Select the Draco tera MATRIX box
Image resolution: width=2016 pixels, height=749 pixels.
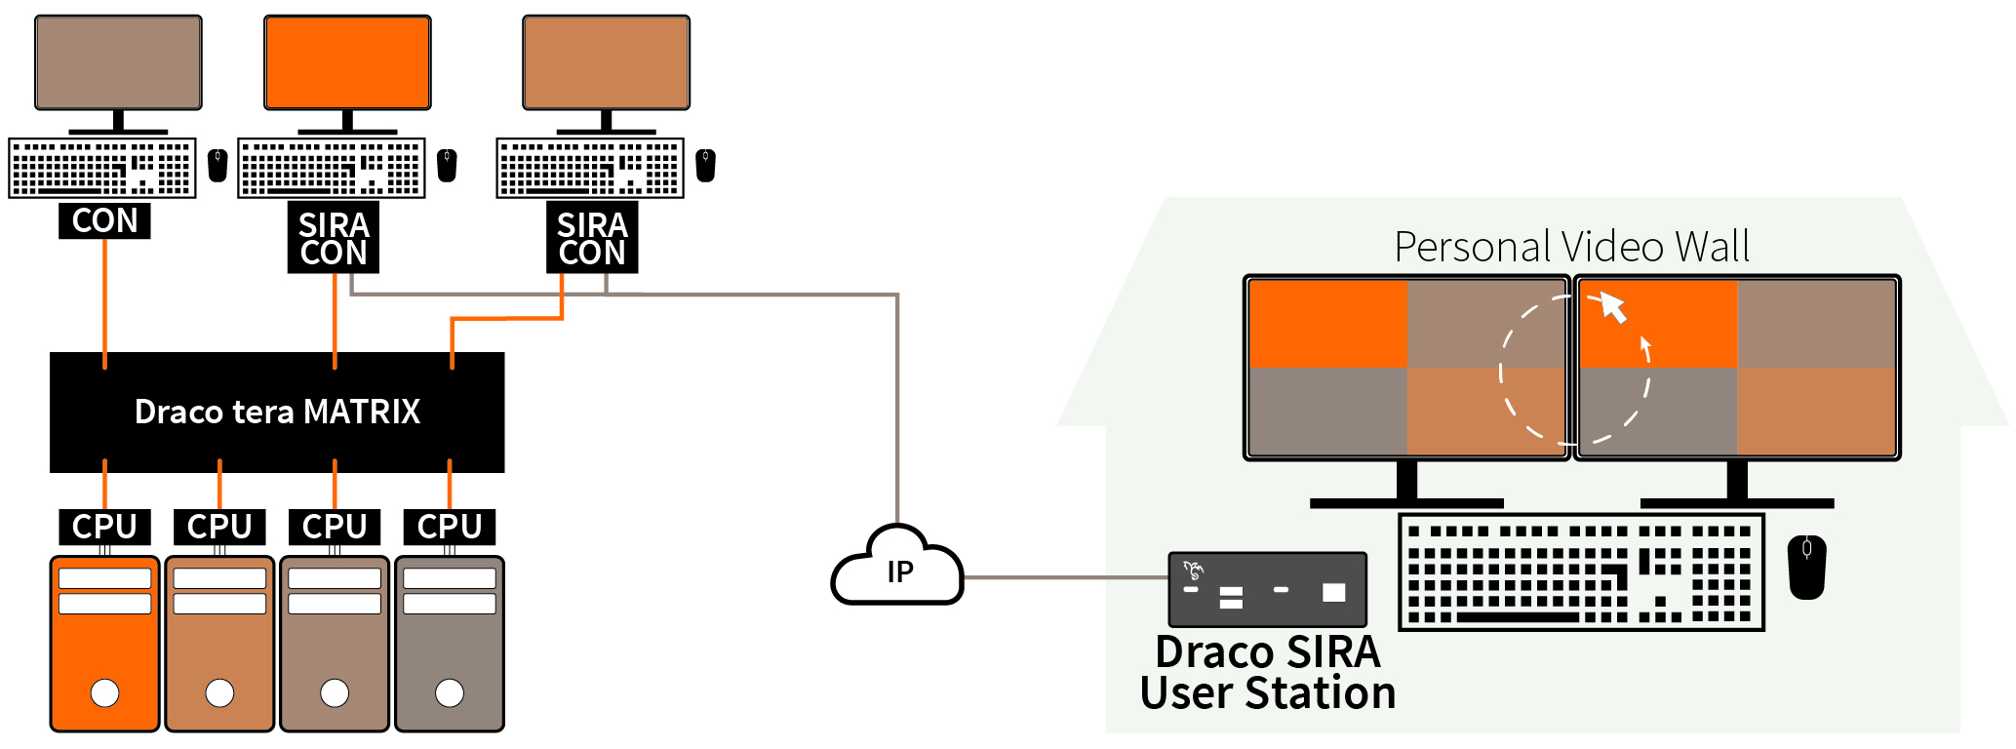pos(277,412)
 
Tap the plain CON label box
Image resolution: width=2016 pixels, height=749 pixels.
pos(104,221)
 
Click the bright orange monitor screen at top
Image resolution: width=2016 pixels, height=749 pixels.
pos(347,61)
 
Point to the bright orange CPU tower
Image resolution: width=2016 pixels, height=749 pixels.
pos(104,644)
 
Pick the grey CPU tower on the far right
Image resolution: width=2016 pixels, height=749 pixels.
pos(450,644)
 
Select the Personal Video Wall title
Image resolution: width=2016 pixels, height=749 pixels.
pos(1571,247)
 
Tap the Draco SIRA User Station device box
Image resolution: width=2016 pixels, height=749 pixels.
pos(1267,589)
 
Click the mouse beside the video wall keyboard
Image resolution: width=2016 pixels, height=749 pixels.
pos(1806,567)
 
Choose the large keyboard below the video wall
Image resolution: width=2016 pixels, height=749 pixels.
pos(1581,572)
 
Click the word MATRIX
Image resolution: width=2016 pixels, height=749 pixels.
pos(362,412)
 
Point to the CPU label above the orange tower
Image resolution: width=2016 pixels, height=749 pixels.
pos(104,527)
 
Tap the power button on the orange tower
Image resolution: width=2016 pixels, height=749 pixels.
pos(104,692)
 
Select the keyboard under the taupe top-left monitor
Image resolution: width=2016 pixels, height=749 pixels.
pos(102,168)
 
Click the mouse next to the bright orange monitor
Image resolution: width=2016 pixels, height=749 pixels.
pos(447,165)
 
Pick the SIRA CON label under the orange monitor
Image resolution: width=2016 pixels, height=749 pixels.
pos(334,238)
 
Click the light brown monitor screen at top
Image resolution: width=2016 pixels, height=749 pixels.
pos(606,61)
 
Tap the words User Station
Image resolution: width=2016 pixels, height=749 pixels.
pos(1267,693)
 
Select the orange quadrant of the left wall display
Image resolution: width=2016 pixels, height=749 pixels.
pos(1327,324)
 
